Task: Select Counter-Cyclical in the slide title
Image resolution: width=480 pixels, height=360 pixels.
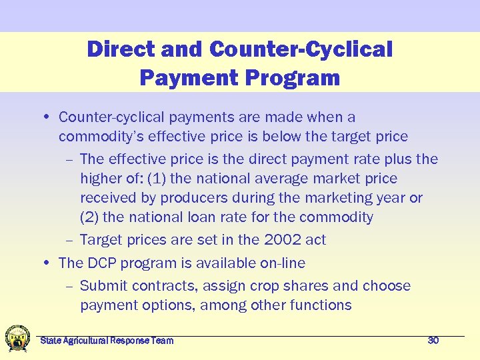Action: (301, 49)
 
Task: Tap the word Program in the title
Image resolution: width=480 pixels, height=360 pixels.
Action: (292, 78)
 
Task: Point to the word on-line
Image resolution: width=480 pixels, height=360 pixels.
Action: (279, 263)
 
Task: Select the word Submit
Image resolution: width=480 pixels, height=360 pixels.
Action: (103, 286)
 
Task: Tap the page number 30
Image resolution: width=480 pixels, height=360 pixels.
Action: (433, 341)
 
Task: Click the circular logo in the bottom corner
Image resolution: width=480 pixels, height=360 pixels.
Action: (17, 338)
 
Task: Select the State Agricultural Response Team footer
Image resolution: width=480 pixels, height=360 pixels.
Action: (107, 341)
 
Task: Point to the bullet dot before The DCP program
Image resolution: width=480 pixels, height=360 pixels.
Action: (49, 263)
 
